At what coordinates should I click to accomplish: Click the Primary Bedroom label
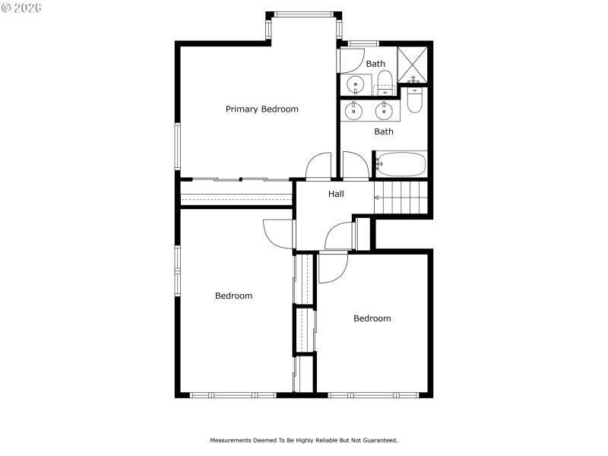coord(261,109)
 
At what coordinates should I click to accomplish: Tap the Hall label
coord(336,194)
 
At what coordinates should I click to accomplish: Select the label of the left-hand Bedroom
coord(233,296)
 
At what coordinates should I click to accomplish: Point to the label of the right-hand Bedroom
coord(372,318)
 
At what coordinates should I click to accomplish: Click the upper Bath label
coord(375,64)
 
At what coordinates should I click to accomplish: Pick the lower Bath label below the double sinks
coord(384,131)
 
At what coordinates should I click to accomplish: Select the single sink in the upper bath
coord(355,84)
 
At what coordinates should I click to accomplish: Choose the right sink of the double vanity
coord(385,111)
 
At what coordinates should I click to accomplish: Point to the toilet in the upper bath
coord(385,81)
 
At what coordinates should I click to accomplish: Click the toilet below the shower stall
coord(414,100)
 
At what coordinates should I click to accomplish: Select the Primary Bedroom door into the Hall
coord(318,166)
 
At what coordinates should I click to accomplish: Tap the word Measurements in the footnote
coord(233,440)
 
